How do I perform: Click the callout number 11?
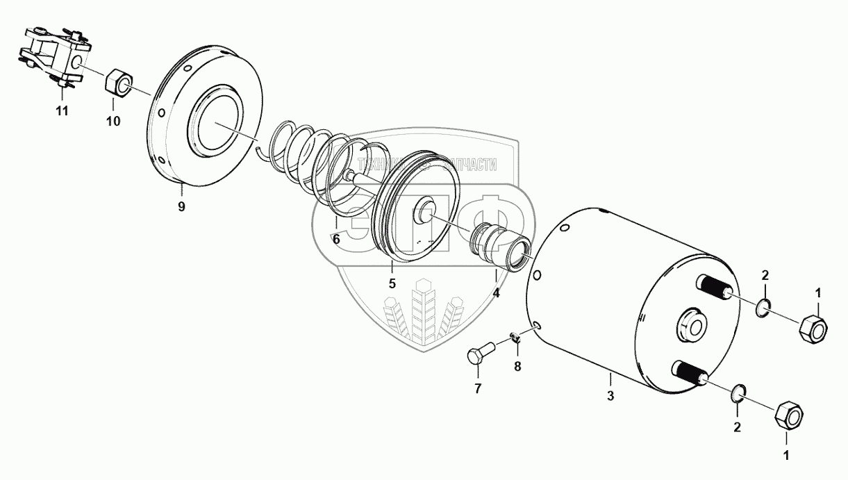[62, 111]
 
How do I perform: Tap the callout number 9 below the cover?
[181, 207]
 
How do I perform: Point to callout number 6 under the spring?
[335, 239]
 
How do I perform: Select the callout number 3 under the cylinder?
[610, 397]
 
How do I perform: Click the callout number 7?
[478, 388]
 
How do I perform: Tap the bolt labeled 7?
[479, 349]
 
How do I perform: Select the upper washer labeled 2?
[763, 308]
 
